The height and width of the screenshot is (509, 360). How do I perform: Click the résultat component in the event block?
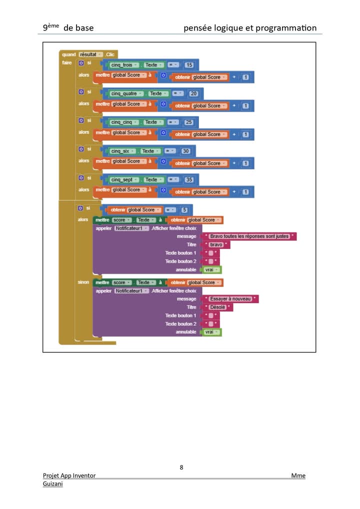tap(90, 54)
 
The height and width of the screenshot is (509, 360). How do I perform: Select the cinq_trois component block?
tap(122, 65)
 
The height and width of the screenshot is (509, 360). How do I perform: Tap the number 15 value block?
tap(189, 65)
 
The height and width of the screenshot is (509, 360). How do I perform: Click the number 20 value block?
tap(194, 93)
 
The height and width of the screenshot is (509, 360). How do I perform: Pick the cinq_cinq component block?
tap(122, 122)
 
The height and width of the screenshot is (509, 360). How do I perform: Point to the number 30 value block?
tap(186, 151)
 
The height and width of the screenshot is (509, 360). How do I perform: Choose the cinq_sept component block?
tap(122, 179)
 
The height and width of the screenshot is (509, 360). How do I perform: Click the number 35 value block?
tap(189, 179)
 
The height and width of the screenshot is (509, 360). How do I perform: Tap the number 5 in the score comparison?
tap(184, 210)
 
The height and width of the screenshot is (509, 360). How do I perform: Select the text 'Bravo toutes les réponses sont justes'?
tap(249, 236)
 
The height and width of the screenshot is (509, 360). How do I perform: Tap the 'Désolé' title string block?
tap(217, 307)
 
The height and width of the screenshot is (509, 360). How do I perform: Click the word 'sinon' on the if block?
tap(83, 282)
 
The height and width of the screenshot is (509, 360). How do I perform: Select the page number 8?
tap(181, 467)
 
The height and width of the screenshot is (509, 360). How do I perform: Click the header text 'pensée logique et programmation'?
tap(250, 28)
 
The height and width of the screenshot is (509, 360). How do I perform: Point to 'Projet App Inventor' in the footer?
tap(69, 475)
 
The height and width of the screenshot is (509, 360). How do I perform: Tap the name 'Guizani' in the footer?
tap(52, 484)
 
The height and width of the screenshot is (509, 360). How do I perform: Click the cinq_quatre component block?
tap(123, 93)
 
